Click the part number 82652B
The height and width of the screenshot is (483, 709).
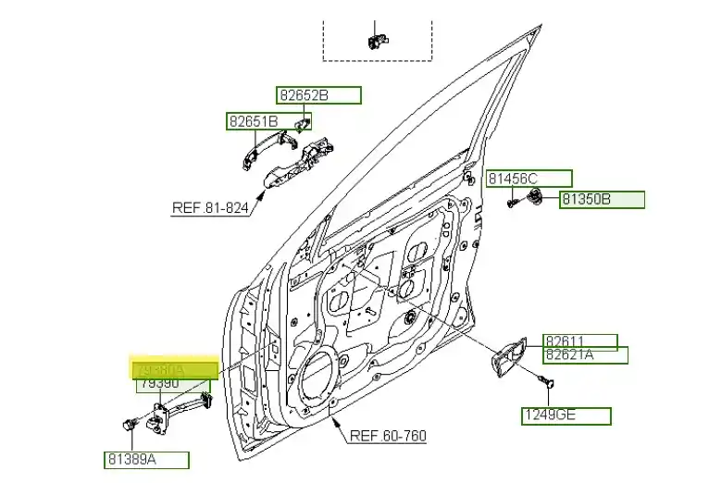click(317, 95)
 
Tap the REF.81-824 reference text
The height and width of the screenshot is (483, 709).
click(210, 208)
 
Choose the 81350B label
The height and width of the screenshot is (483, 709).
click(602, 199)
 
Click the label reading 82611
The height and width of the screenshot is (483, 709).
click(579, 341)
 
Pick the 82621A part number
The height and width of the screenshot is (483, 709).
click(585, 355)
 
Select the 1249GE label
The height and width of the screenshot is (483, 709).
click(566, 416)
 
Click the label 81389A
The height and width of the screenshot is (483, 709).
click(146, 460)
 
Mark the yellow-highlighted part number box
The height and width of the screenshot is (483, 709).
click(174, 369)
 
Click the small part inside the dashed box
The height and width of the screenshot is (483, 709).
click(375, 39)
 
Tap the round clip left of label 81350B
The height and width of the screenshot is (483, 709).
click(535, 196)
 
